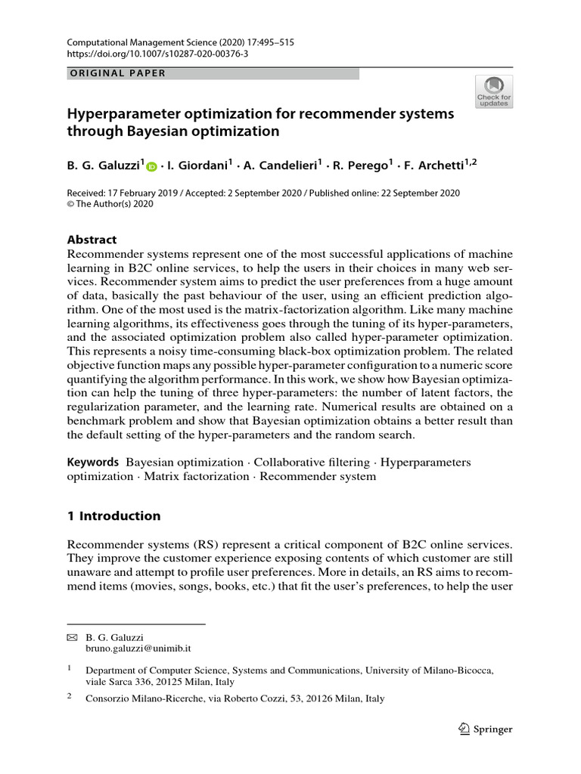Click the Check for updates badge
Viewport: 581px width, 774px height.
point(493,91)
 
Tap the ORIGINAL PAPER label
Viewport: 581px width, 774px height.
point(117,73)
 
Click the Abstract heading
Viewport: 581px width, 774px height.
point(92,238)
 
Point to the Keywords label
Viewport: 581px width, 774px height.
point(93,462)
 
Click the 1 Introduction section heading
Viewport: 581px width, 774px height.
point(114,516)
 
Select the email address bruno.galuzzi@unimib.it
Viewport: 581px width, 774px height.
point(137,649)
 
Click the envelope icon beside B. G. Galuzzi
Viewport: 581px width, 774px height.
point(73,638)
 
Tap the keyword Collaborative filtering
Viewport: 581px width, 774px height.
point(312,462)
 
